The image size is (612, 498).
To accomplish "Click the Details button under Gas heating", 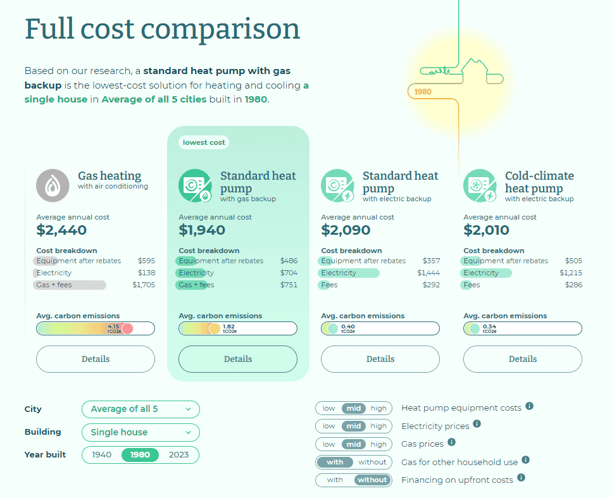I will coord(96,359).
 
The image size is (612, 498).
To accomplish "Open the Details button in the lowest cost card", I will coord(238,359).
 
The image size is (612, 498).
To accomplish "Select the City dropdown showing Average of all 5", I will coord(141,409).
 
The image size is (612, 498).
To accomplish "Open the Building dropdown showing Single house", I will coord(141,432).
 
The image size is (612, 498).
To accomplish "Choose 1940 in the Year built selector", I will coord(102,455).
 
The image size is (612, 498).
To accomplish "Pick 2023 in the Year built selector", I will coord(179,455).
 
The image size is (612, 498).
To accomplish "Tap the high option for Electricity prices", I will coord(378,426).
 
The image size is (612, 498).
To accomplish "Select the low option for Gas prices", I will coord(329,444).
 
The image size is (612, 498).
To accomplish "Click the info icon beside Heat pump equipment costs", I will coord(530,406).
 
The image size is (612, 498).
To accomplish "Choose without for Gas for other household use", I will coord(372,462).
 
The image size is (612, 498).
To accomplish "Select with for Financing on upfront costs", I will coord(335,480).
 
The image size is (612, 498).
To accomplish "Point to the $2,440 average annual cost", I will coord(61,230).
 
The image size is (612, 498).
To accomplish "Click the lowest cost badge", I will coord(204,142).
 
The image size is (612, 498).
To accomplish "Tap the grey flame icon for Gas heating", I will coord(53,185).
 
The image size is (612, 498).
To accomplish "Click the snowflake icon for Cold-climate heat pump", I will coord(478,185).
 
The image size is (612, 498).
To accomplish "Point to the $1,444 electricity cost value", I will coord(428,273).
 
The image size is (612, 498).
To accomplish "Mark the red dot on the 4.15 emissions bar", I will coord(127,328).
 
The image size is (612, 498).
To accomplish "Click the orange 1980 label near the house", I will coord(423,92).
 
